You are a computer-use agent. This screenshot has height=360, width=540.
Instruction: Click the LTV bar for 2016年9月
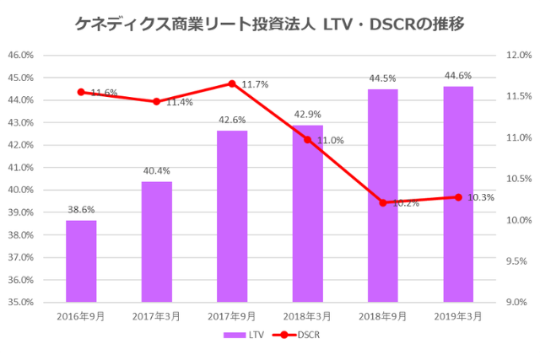[81, 261]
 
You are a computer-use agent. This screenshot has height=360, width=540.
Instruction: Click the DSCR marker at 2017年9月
[232, 83]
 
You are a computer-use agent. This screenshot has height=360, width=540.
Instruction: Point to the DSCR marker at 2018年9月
[383, 202]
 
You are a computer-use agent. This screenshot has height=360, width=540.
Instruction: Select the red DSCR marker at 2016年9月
[81, 92]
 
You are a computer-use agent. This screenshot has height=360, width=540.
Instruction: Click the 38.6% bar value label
[81, 210]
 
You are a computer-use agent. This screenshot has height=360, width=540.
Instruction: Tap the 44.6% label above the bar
[458, 76]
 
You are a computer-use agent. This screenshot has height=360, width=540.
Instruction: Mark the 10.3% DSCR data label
[481, 197]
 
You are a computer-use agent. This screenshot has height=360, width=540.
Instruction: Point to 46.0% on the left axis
[20, 56]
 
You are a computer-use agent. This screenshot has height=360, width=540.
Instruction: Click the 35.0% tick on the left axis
[20, 302]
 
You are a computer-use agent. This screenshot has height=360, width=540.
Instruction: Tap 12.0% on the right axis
[517, 56]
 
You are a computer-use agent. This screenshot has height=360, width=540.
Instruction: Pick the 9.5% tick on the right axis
[517, 261]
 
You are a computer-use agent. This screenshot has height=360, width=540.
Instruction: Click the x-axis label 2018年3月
[307, 315]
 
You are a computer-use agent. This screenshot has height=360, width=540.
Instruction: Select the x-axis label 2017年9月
[232, 315]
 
